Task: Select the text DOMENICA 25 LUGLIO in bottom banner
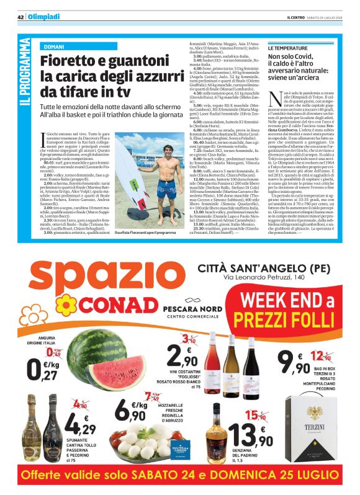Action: coord(267,477)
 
